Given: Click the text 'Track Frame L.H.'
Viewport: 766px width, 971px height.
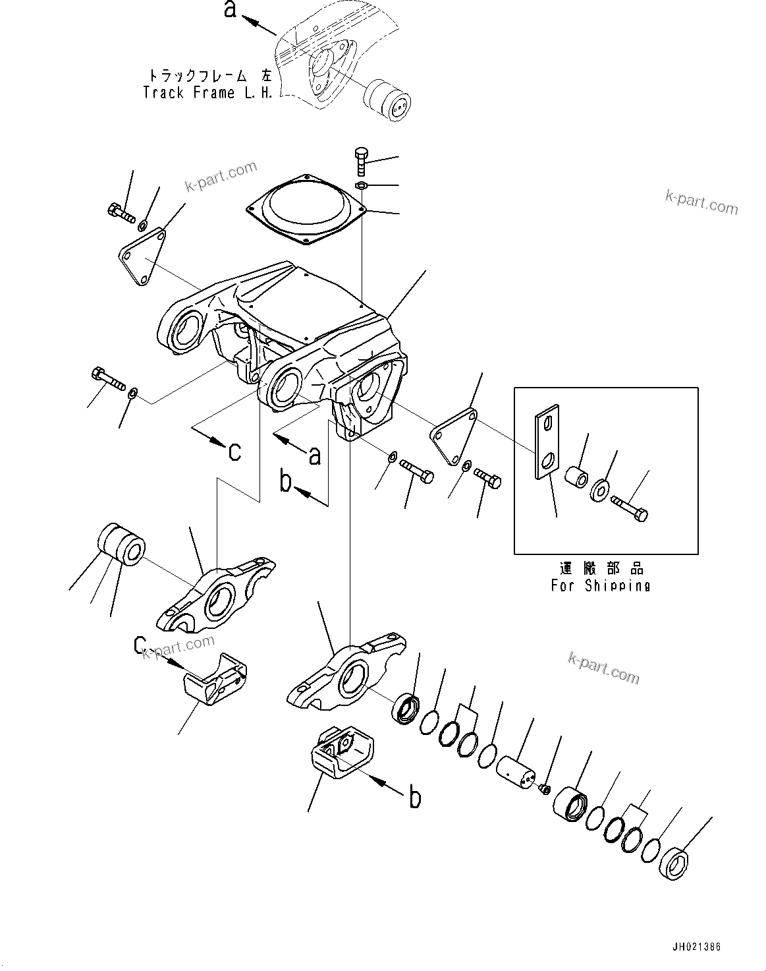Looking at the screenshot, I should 207,93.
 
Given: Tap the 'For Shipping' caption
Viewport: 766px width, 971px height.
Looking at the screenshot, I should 600,585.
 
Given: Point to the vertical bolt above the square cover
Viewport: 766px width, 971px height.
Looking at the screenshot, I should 360,160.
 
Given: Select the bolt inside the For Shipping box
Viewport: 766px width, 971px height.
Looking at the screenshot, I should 629,508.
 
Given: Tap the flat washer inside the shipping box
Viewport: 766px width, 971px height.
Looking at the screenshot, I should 601,490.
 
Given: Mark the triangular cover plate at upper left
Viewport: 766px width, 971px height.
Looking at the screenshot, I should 143,256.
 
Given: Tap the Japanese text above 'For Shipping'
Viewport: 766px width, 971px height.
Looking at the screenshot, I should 600,568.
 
